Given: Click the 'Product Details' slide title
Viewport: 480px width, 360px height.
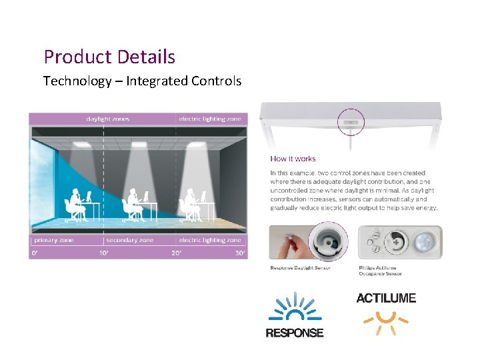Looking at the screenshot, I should click(109, 57).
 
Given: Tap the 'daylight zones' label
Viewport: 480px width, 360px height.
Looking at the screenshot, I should click(108, 119).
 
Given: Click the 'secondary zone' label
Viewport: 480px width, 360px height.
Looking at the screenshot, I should click(129, 240).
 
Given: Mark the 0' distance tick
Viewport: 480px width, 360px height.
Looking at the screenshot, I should click(33, 253).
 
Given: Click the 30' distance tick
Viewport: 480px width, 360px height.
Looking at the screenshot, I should click(240, 253).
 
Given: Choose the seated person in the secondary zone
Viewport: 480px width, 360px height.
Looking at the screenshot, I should click(133, 203).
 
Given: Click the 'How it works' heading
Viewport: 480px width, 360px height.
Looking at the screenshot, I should click(293, 159).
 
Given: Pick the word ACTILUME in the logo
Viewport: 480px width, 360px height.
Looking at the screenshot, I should click(386, 298).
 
